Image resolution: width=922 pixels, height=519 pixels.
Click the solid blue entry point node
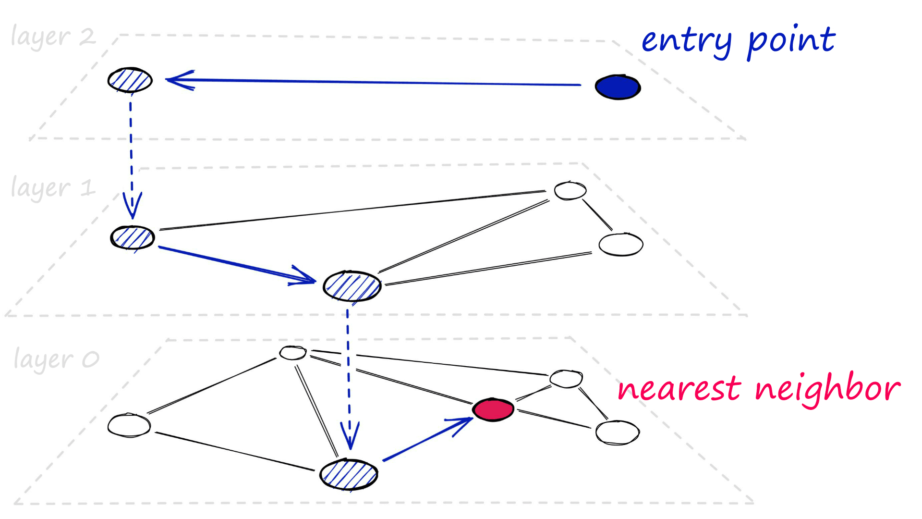(618, 87)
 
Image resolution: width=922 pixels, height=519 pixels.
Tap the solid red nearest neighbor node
(493, 409)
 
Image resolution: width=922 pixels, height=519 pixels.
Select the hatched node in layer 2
(130, 80)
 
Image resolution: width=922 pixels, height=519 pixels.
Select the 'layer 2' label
(53, 37)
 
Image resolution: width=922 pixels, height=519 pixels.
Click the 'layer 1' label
(53, 188)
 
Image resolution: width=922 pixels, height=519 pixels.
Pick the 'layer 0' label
(56, 359)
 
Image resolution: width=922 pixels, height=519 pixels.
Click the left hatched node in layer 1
(133, 237)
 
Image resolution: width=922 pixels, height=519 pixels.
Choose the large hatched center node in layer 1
(352, 286)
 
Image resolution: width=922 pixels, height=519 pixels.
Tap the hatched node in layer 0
(349, 475)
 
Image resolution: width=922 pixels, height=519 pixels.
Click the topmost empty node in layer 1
(570, 191)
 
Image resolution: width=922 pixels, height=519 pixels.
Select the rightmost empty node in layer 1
(621, 245)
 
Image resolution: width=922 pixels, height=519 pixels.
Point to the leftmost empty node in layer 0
(129, 425)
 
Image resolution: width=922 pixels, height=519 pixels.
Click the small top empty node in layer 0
(293, 353)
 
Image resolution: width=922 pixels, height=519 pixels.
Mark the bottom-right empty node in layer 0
(618, 432)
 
